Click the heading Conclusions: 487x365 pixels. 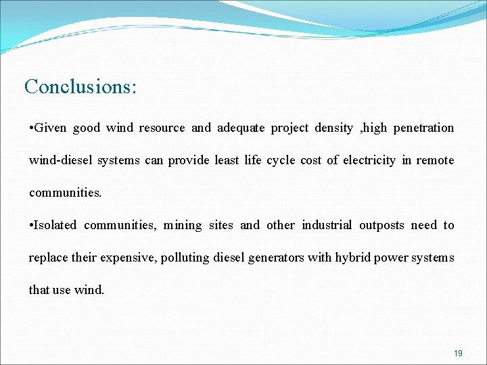[80, 87]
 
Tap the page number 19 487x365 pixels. [459, 354]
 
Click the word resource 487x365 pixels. [162, 128]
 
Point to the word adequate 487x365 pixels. [241, 128]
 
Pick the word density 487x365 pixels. [333, 128]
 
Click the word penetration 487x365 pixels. [423, 128]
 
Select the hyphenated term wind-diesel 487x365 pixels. [61, 160]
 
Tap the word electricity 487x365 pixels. [369, 160]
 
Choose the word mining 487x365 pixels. [183, 225]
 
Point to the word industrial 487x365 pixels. [327, 225]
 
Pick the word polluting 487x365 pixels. [185, 258]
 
